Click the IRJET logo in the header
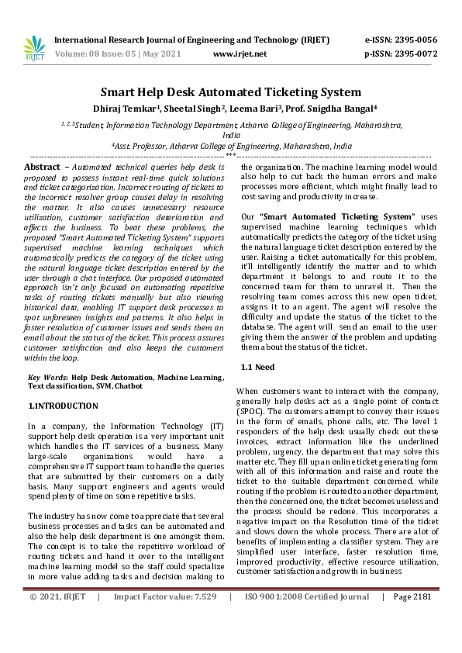pyautogui.click(x=35, y=47)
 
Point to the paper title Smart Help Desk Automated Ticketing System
pyautogui.click(x=230, y=92)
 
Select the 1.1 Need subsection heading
pyautogui.click(x=260, y=365)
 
